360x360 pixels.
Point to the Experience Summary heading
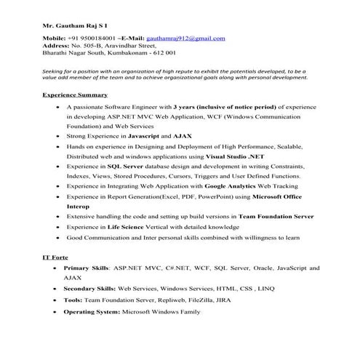(x=75, y=95)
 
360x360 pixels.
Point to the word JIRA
(x=226, y=300)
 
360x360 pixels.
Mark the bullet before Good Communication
(x=57, y=238)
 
